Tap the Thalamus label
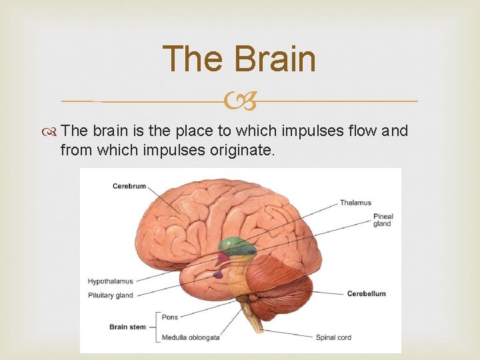tap(355, 203)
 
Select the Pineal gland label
tap(383, 220)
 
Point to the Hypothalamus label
tap(110, 281)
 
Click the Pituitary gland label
tap(110, 295)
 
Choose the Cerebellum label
tap(366, 293)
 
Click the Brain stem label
tap(127, 327)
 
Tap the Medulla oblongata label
tap(191, 337)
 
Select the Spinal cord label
tap(333, 337)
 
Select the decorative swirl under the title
tap(239, 102)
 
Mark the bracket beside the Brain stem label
tap(157, 327)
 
